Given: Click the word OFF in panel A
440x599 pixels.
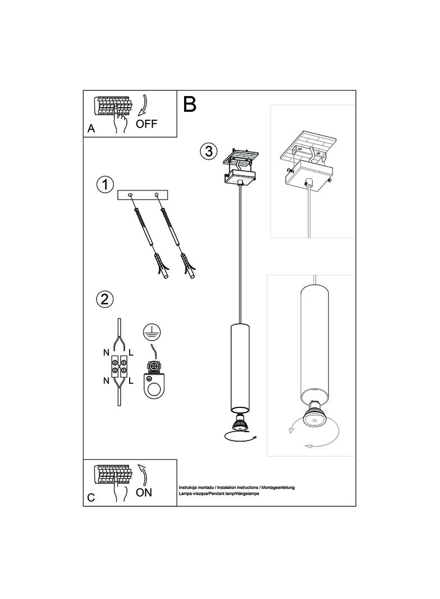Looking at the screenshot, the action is click(x=146, y=124).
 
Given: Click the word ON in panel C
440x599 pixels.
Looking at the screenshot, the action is click(x=144, y=492).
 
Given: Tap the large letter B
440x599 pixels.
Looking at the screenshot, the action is click(x=190, y=104).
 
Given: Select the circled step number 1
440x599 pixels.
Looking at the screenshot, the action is click(x=105, y=184).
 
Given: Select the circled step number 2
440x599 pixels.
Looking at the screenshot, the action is click(x=104, y=298).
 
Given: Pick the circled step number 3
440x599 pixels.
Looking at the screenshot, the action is click(x=208, y=151).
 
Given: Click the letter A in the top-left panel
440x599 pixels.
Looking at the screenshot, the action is click(x=91, y=129).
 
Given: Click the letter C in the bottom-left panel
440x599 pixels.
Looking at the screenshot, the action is click(x=91, y=497).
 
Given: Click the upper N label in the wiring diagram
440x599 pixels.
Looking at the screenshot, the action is click(x=107, y=353).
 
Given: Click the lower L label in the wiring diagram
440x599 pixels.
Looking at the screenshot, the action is click(x=131, y=380).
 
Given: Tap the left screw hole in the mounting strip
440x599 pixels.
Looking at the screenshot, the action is click(x=131, y=195).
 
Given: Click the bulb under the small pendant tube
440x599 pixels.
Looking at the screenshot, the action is click(x=239, y=423).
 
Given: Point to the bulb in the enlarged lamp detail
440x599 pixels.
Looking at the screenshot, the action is click(x=314, y=415).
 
